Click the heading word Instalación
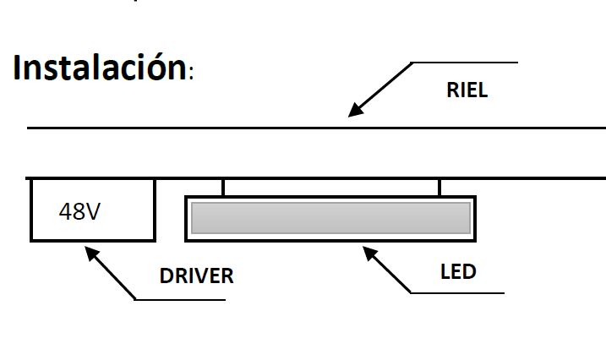pyautogui.click(x=100, y=68)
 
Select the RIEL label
pyautogui.click(x=467, y=91)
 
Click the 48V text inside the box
pyautogui.click(x=79, y=211)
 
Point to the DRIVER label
pyautogui.click(x=196, y=276)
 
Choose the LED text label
pyautogui.click(x=458, y=272)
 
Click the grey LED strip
pyautogui.click(x=330, y=217)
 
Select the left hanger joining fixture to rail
pyautogui.click(x=223, y=187)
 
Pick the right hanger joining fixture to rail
pyautogui.click(x=439, y=187)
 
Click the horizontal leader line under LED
pyautogui.click(x=456, y=293)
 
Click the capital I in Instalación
pyautogui.click(x=18, y=68)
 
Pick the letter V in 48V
pyautogui.click(x=92, y=211)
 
